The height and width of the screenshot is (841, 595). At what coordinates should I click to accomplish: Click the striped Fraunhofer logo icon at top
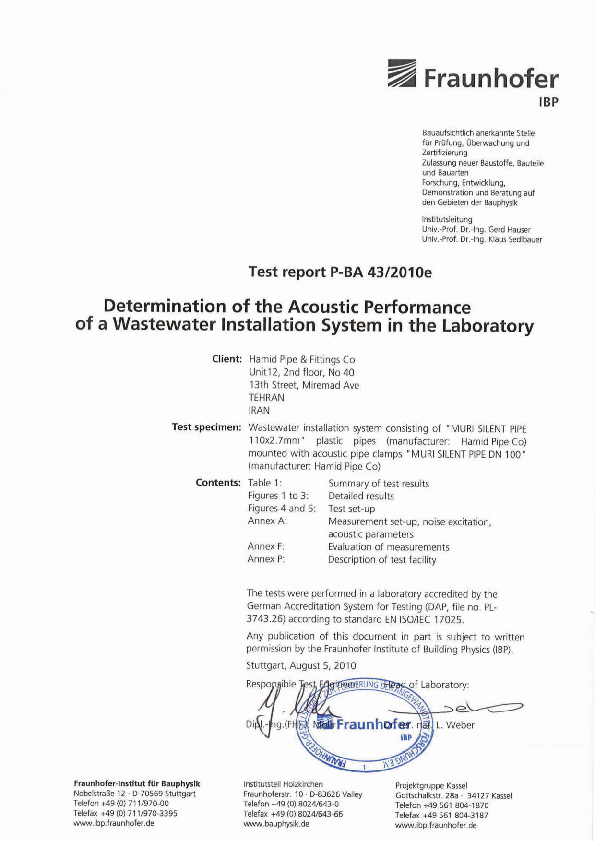(402, 73)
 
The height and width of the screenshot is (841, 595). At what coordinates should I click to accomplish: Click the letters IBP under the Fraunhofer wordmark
(548, 102)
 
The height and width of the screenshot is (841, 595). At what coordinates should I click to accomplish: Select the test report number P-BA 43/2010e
(381, 272)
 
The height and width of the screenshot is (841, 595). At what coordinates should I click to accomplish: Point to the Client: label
(226, 359)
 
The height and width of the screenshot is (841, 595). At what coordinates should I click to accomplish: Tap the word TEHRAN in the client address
(266, 397)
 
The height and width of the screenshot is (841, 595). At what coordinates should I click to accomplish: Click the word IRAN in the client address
(259, 410)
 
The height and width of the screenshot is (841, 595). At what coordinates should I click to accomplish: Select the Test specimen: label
(206, 427)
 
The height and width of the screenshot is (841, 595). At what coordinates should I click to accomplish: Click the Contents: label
(218, 483)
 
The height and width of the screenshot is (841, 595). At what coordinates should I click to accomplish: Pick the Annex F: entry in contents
(266, 546)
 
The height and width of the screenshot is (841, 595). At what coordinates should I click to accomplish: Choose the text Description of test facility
(382, 559)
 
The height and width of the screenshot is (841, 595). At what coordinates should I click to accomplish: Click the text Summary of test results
(379, 484)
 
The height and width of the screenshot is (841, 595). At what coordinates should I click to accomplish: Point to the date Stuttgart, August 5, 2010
(301, 665)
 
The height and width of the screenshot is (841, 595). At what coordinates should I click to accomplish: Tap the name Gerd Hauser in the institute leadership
(509, 229)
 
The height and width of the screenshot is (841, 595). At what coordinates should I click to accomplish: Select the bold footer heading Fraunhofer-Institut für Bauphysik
(137, 783)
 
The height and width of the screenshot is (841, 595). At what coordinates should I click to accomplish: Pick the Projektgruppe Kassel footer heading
(431, 785)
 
